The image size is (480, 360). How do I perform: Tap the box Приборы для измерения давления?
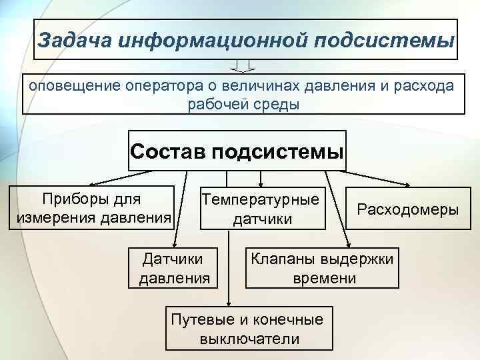(93, 208)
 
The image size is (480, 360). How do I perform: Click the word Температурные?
(261, 200)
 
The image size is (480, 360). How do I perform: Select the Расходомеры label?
(408, 209)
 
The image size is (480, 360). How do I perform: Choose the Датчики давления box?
(173, 267)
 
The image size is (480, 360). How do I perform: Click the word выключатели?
(249, 338)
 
